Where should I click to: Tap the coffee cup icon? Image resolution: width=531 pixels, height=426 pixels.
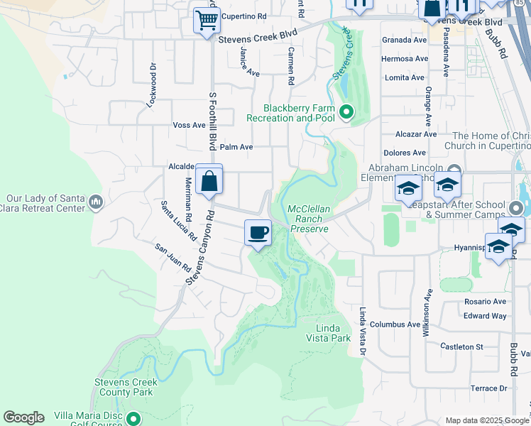point(258,232)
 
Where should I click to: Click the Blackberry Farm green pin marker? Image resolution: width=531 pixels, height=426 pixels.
point(346,111)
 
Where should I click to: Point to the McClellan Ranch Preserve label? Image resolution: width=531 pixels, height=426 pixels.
point(308,219)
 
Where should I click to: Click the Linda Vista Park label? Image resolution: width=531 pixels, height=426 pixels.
point(333,333)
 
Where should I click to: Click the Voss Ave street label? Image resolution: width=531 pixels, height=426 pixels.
point(189,125)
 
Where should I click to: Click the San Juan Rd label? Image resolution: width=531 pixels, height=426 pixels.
point(173,259)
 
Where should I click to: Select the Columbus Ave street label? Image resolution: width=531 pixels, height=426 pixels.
point(395,324)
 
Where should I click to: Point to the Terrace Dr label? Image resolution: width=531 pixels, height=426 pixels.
point(489,388)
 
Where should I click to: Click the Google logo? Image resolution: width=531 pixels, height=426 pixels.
point(23,417)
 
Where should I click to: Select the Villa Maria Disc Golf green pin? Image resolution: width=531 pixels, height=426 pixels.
point(132,418)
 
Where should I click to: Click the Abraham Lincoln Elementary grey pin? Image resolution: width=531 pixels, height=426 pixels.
point(454,168)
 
